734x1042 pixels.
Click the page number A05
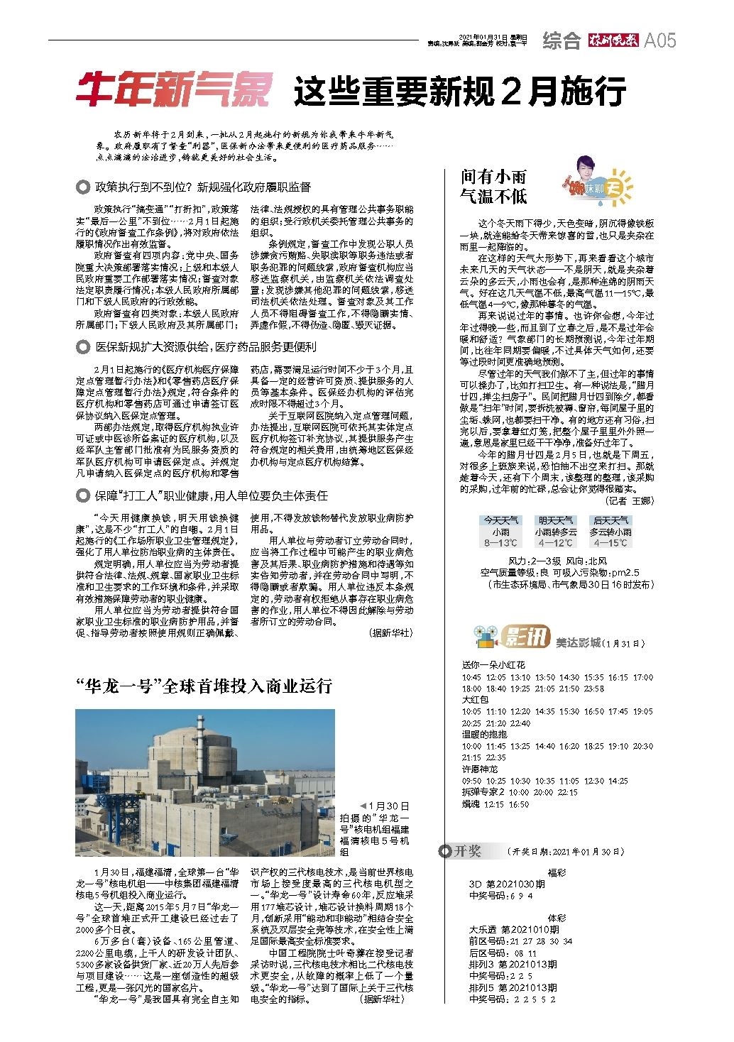click(x=659, y=40)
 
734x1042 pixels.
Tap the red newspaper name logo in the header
click(x=613, y=40)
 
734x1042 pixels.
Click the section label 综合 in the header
click(x=562, y=40)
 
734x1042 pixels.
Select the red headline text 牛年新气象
click(x=174, y=92)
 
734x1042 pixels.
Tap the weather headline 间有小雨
click(x=493, y=177)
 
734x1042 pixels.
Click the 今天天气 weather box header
click(x=501, y=520)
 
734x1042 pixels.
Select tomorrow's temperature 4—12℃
click(x=556, y=543)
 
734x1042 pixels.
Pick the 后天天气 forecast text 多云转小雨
click(x=610, y=532)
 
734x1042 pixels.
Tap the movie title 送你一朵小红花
click(x=493, y=665)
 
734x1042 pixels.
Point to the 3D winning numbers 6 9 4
click(x=520, y=896)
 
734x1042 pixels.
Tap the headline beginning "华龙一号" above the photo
click(x=204, y=686)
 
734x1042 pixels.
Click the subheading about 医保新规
click(x=206, y=347)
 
